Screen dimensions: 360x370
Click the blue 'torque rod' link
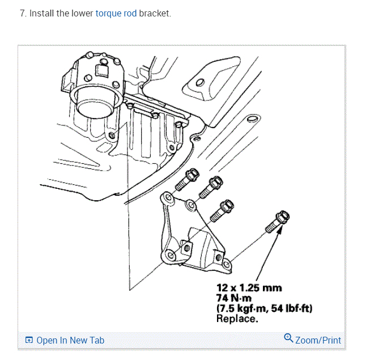point(116,13)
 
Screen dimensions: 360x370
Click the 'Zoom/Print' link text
point(318,340)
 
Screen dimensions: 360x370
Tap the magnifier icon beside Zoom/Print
point(288,339)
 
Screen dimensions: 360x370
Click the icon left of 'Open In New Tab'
point(29,341)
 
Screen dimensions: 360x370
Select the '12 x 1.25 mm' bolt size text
point(249,289)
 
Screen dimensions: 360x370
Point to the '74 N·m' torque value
point(233,298)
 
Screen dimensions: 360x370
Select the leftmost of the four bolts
point(185,181)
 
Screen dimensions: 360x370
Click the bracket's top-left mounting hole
point(168,197)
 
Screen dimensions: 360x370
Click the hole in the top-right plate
point(199,83)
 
